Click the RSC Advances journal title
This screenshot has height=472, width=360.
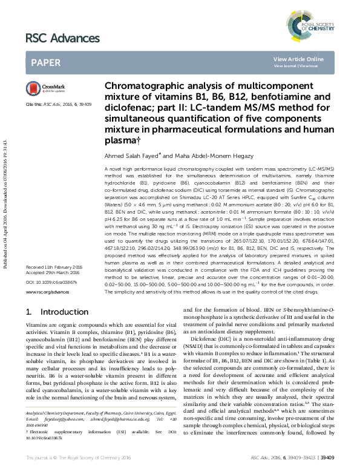[x=63, y=38]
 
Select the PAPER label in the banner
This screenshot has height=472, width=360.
[x=45, y=62]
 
